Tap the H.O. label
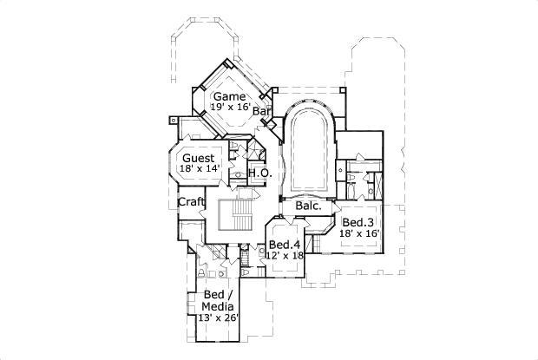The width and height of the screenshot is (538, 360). pyautogui.click(x=259, y=173)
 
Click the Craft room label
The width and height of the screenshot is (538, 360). pyautogui.click(x=190, y=202)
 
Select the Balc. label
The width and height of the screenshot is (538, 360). pyautogui.click(x=308, y=206)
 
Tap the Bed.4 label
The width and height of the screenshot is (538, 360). pyautogui.click(x=285, y=245)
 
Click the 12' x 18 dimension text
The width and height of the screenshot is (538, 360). pyautogui.click(x=285, y=255)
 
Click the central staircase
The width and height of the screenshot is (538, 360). pyautogui.click(x=234, y=213)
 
